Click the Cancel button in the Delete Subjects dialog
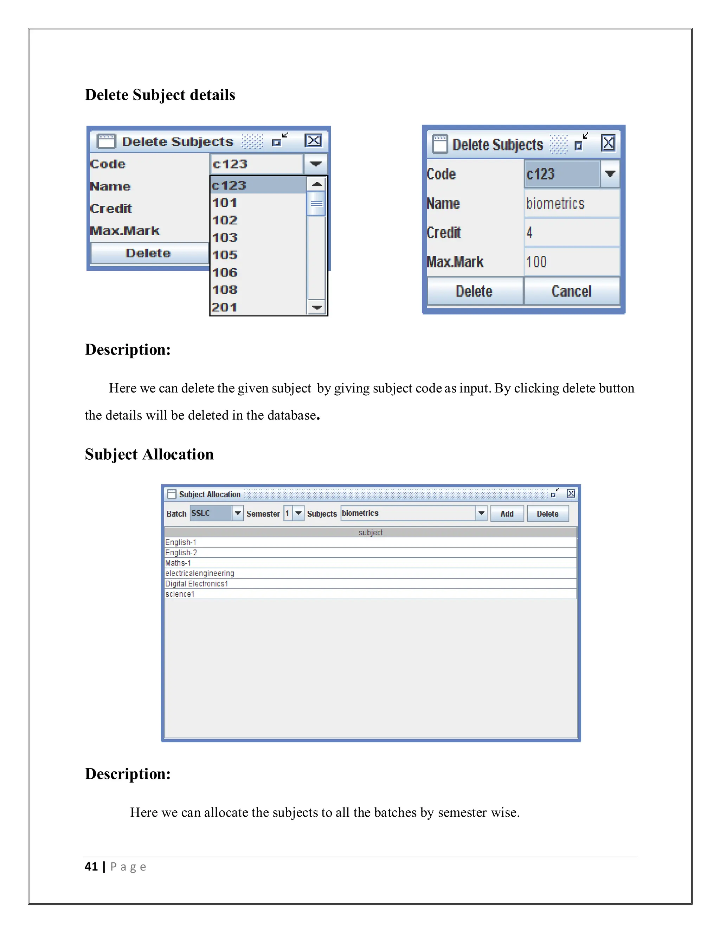click(x=571, y=292)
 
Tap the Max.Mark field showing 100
click(x=571, y=262)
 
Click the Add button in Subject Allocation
click(x=507, y=514)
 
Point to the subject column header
click(x=370, y=532)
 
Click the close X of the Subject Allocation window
click(x=571, y=494)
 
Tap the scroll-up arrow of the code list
click(x=316, y=184)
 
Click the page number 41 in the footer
click(x=91, y=867)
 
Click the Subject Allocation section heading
click(x=149, y=454)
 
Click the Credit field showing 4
click(x=571, y=233)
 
